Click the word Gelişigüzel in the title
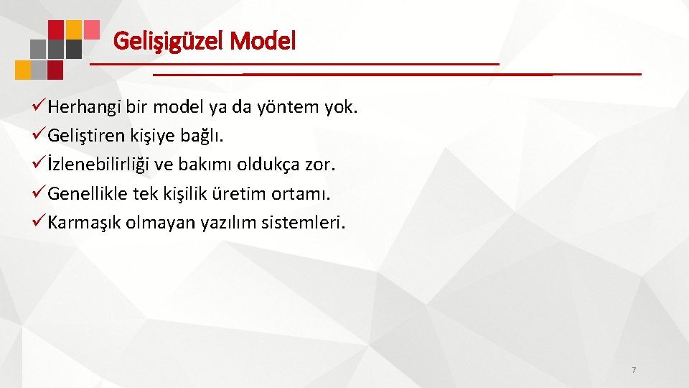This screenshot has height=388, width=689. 169,41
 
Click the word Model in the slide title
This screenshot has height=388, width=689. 263,41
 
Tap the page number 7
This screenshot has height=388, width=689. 634,370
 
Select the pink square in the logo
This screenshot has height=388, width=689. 91,29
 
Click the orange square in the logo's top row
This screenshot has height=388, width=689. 74,29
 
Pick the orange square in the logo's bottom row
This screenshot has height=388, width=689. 23,70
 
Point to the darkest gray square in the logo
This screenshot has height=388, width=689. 74,49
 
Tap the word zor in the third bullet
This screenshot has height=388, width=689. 319,166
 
